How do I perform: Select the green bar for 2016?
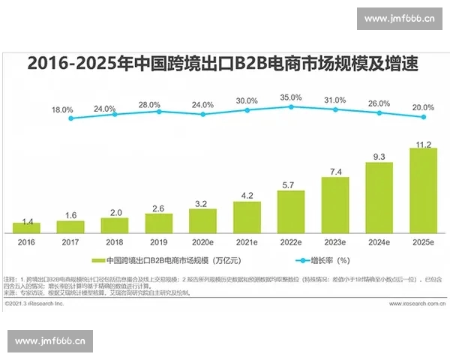click(x=26, y=227)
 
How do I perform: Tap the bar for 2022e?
click(x=291, y=211)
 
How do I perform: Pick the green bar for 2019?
click(x=158, y=223)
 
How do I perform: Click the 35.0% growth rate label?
click(x=291, y=97)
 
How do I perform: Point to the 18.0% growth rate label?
click(x=62, y=109)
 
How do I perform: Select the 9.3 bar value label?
click(x=379, y=157)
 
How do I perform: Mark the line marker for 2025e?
click(x=423, y=116)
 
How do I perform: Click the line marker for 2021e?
click(x=247, y=110)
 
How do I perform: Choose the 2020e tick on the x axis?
click(x=202, y=243)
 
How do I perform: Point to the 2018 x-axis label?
click(x=114, y=243)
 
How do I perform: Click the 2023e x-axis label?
click(x=335, y=243)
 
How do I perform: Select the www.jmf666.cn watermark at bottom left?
click(x=50, y=341)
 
